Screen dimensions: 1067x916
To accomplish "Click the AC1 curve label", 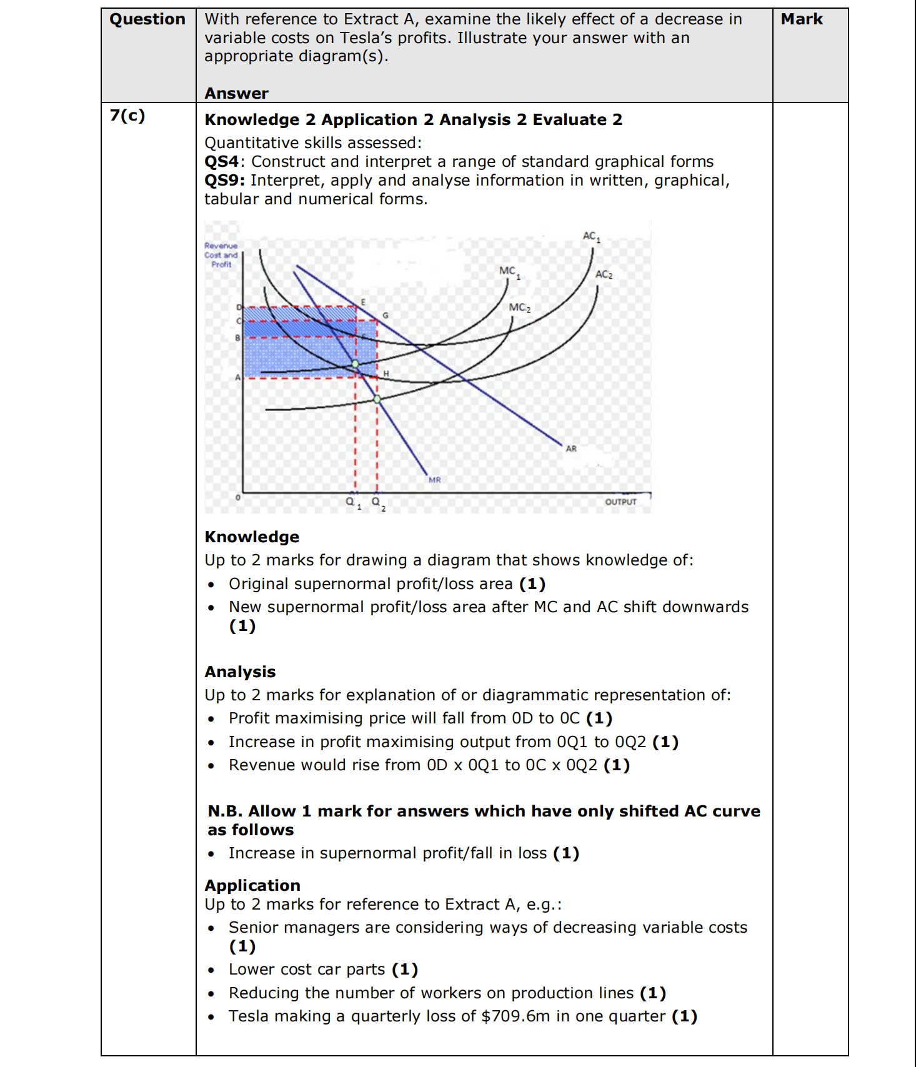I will coord(591,237).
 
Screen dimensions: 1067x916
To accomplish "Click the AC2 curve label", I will coord(604,274).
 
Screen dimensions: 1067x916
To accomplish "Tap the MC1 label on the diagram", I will coord(509,271).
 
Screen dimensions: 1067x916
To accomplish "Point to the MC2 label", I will coord(519,307).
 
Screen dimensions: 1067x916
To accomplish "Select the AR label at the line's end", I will coord(571,449).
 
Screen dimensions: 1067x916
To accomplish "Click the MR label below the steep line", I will coord(435,480).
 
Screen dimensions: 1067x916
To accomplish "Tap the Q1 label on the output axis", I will coord(352,502).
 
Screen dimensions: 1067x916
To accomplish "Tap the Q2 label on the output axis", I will coord(377,502).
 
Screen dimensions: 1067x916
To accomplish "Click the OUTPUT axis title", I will coord(620,502).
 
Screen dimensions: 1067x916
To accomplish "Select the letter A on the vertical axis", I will coord(237,377).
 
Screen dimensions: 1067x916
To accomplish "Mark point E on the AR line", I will coord(363,302).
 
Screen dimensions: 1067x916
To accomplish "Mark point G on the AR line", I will coord(386,315).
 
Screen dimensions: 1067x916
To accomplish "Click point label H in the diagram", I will coord(386,374).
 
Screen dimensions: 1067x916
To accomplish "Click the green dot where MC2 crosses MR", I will coord(377,399).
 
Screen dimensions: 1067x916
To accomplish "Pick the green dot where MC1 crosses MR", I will coord(355,364).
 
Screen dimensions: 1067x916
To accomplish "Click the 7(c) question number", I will coord(127,116).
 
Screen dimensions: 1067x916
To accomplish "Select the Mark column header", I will coord(802,19).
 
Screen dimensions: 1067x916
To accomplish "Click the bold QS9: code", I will coord(224,181).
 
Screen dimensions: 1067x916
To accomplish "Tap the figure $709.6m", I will coord(515,1016).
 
